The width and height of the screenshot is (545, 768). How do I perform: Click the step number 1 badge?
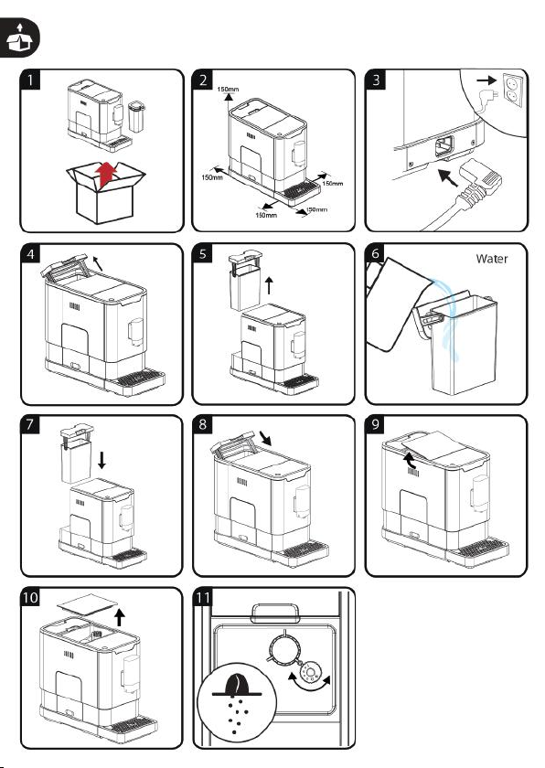click(x=30, y=80)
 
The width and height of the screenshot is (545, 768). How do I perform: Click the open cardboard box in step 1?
click(x=106, y=193)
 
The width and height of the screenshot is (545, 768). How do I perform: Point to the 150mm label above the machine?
click(x=229, y=90)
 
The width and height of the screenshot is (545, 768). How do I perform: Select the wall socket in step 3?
click(x=513, y=91)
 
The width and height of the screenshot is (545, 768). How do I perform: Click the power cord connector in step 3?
click(x=477, y=182)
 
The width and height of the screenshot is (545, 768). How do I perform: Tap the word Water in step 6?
click(x=492, y=259)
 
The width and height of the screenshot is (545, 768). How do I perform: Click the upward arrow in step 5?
click(x=269, y=285)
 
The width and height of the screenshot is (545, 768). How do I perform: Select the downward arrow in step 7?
click(x=102, y=460)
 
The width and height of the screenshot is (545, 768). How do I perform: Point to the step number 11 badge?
click(x=203, y=598)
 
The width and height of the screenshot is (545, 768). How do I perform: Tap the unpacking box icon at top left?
click(x=19, y=37)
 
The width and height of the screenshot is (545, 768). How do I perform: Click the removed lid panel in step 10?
click(x=88, y=604)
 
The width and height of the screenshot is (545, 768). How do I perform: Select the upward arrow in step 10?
click(x=120, y=617)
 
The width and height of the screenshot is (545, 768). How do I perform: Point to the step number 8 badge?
click(x=203, y=424)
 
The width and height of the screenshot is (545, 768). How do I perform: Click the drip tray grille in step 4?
click(x=140, y=378)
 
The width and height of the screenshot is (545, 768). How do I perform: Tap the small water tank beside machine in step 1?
click(x=136, y=117)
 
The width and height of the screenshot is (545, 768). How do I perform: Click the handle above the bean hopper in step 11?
click(x=275, y=613)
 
